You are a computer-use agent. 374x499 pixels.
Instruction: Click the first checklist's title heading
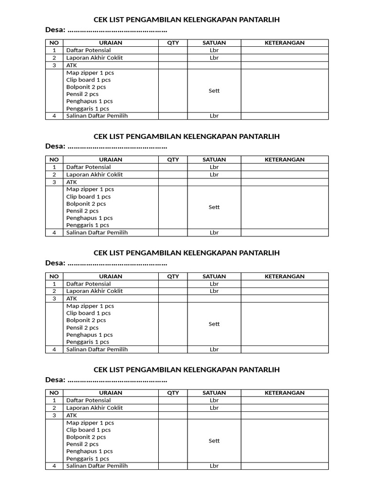pos(187,20)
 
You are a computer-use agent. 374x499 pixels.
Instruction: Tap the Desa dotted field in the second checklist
pos(117,147)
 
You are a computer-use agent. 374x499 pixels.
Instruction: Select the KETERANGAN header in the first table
pos(284,43)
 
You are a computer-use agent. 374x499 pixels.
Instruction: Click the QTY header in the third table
pos(173,276)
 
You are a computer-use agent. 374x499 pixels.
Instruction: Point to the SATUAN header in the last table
pos(214,393)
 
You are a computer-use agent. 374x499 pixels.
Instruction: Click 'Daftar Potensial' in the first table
pos(89,50)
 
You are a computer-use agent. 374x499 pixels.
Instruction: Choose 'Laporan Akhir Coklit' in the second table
pos(94,174)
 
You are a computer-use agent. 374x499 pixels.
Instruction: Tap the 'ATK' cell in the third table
pos(72,298)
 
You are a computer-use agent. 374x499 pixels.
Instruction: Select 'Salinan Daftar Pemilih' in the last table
pos(97,466)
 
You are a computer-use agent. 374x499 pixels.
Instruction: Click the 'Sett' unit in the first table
pos(214,91)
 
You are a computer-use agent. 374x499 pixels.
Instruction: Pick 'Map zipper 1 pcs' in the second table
pos(90,189)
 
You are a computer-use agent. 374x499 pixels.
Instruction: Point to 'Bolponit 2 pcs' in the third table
pos(86,320)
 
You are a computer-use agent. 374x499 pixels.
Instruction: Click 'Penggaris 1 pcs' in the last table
pos(88,459)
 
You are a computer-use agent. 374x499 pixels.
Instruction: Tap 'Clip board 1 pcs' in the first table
pos(89,80)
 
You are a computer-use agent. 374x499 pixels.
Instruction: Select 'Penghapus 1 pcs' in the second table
pos(90,218)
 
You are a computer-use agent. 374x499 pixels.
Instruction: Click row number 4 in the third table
pos(55,349)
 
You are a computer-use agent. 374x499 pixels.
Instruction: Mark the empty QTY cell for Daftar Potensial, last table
pos(173,401)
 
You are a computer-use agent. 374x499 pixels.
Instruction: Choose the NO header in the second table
pos(55,159)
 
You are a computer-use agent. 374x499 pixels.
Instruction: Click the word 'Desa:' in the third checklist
pos(55,263)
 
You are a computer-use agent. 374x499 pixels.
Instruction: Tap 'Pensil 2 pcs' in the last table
pos(82,444)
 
